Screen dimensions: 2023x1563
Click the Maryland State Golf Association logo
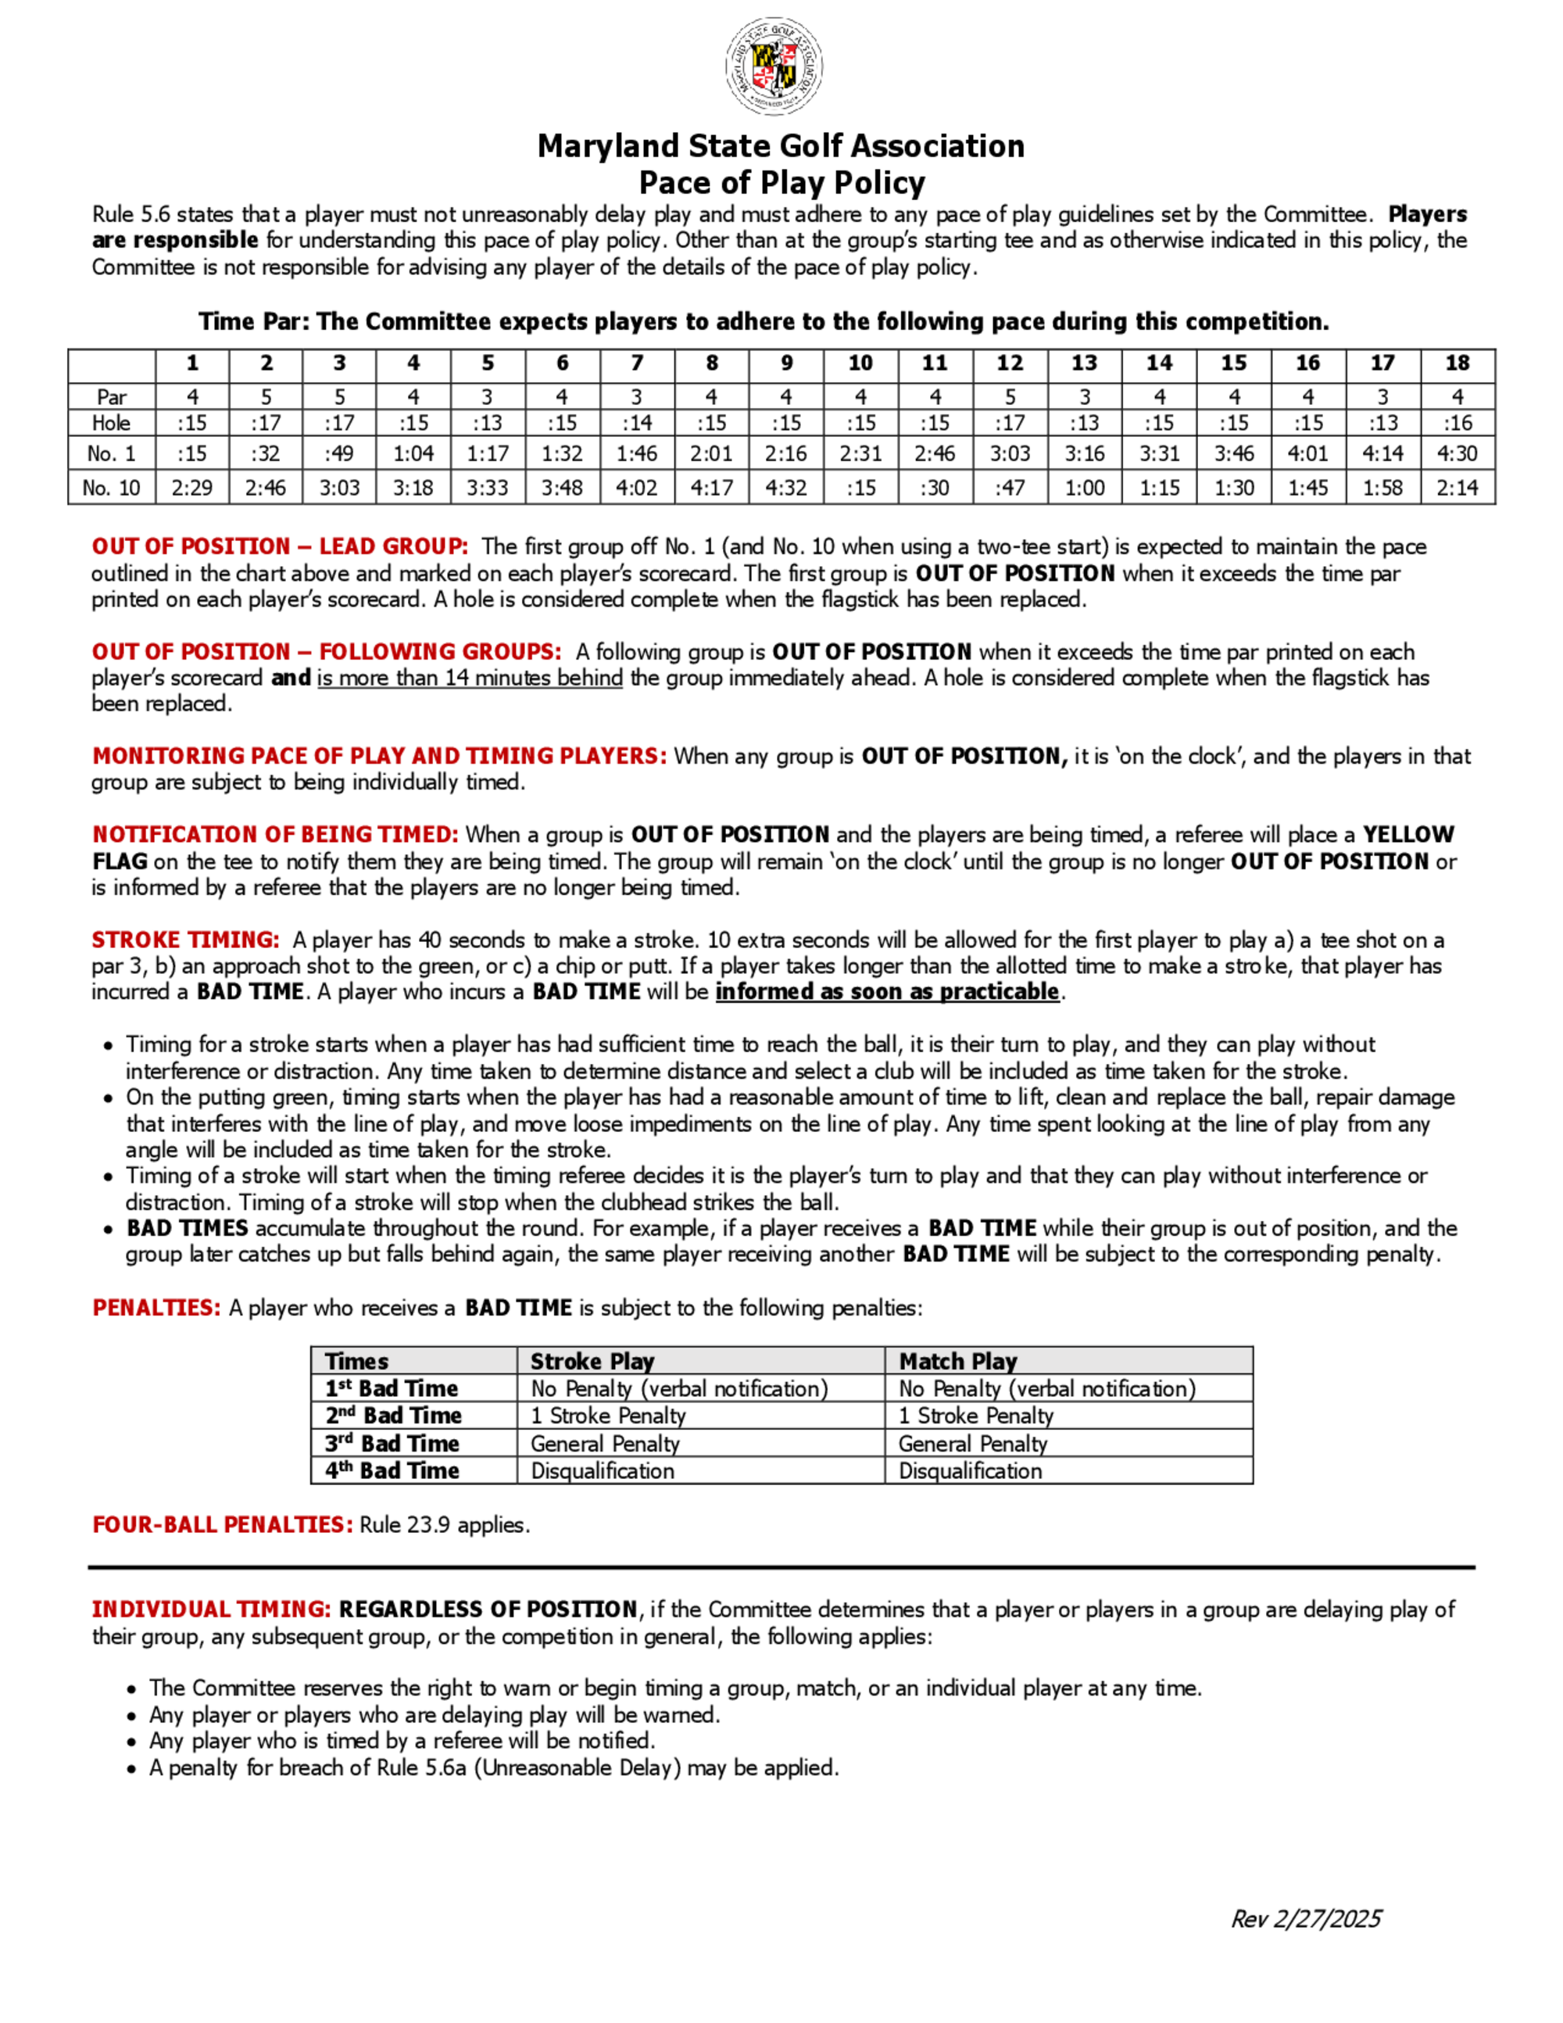click(774, 66)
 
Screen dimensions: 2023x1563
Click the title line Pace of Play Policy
click(781, 182)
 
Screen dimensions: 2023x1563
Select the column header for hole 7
click(637, 363)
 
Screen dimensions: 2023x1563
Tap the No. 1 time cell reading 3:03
click(1010, 454)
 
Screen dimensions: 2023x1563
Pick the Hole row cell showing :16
click(1457, 424)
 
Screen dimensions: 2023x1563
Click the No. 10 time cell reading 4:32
click(786, 488)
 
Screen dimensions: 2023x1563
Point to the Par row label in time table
click(111, 397)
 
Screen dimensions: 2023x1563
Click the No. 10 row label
click(111, 488)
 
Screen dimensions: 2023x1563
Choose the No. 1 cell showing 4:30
click(1457, 454)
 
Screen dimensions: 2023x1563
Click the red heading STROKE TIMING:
click(185, 940)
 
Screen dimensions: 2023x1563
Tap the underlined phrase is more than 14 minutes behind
click(470, 678)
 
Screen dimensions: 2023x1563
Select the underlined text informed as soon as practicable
click(887, 992)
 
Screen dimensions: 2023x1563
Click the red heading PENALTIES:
click(156, 1308)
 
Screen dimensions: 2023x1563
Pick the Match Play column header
click(957, 1362)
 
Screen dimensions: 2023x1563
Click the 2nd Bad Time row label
click(394, 1416)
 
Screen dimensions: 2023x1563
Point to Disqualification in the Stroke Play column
click(603, 1471)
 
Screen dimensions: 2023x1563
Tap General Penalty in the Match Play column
click(972, 1443)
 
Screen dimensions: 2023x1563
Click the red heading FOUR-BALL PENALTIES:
click(222, 1524)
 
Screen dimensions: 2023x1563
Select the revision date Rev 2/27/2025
click(1306, 1919)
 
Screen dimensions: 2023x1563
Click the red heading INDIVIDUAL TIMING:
click(211, 1609)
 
